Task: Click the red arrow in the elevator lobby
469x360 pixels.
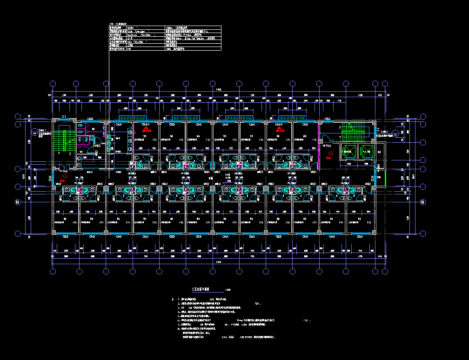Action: pyautogui.click(x=330, y=153)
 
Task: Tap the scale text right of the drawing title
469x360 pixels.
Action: pyautogui.click(x=228, y=290)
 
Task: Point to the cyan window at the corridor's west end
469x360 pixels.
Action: pyautogui.click(x=53, y=178)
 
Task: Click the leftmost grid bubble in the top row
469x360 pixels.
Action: pyautogui.click(x=53, y=84)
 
